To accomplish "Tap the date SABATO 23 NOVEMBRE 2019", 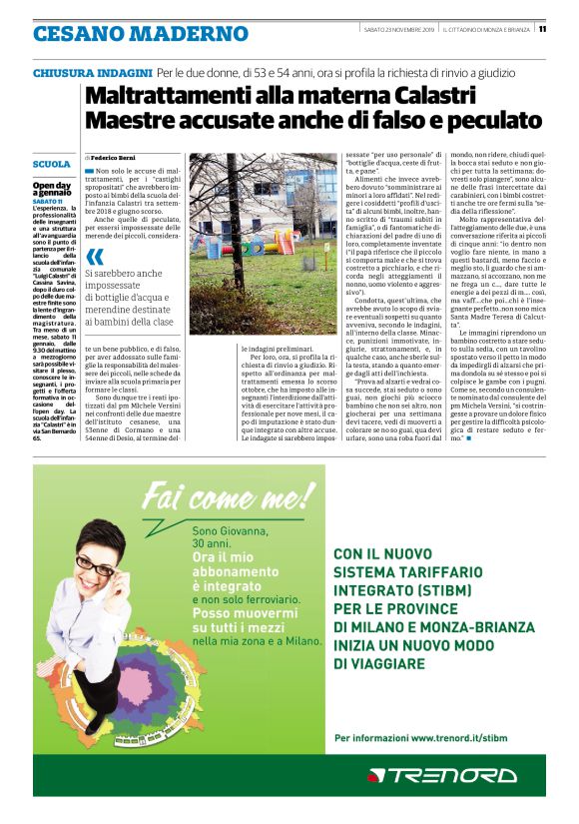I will tap(398, 28).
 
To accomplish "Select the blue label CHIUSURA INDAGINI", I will tap(92, 74).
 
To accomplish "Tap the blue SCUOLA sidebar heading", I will tap(51, 164).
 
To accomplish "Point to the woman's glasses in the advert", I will tap(94, 564).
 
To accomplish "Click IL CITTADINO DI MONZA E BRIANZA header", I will tap(486, 28).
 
